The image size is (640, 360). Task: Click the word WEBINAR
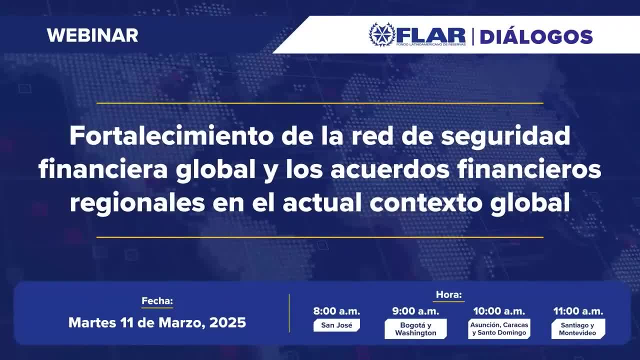92,35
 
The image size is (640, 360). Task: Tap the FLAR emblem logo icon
382,34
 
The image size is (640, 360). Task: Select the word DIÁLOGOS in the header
536,36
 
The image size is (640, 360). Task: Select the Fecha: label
157,301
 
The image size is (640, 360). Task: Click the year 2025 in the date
227,322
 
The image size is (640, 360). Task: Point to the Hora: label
449,294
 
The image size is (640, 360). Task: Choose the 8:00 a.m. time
336,311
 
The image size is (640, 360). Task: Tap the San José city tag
336,325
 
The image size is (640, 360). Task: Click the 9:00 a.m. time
415,311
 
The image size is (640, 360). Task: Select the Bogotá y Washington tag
415,329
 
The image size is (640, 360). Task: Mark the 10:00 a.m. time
499,311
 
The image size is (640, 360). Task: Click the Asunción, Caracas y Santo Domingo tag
499,329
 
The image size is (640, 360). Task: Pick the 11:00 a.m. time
578,311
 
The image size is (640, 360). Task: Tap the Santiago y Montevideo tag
578,329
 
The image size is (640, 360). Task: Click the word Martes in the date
92,322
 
